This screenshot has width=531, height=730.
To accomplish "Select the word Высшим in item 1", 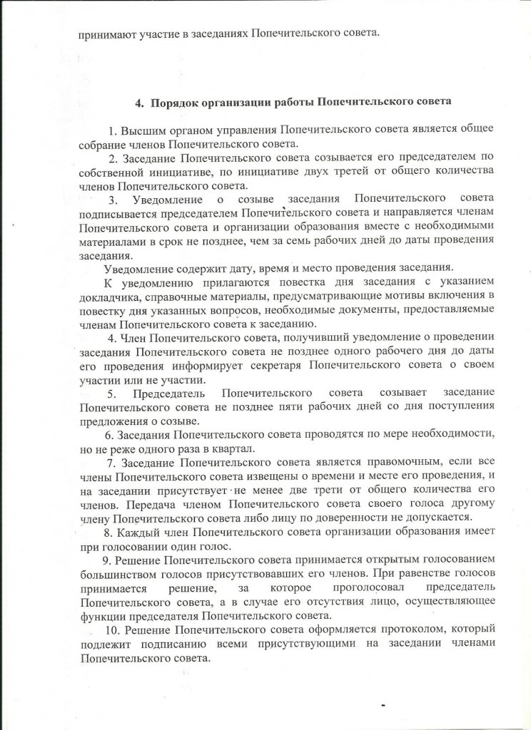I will point(141,132).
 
